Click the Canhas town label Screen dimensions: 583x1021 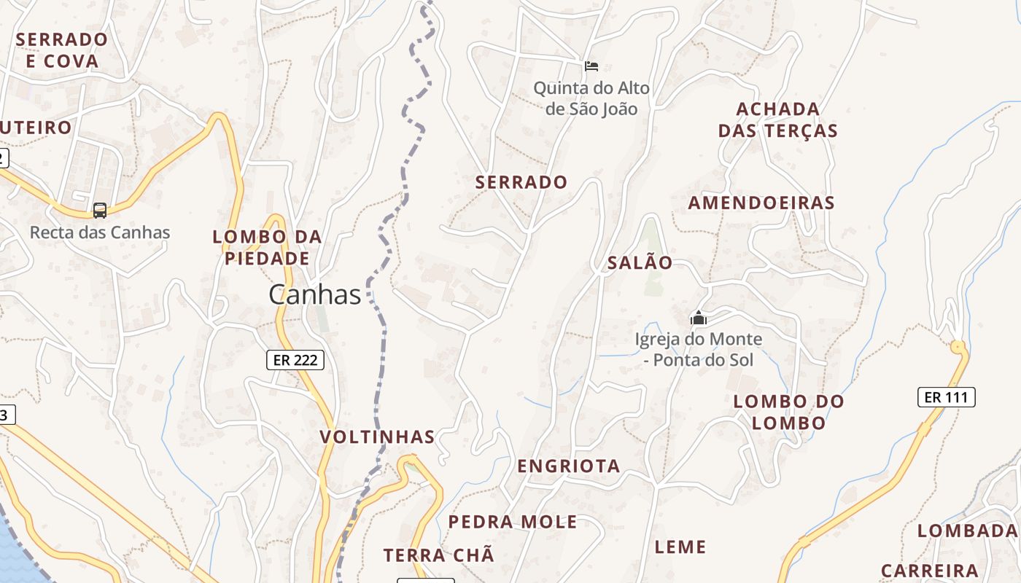tap(314, 294)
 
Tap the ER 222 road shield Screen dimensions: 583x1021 tap(295, 359)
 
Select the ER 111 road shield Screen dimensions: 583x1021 tap(946, 397)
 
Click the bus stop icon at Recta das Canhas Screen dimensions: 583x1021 tap(100, 211)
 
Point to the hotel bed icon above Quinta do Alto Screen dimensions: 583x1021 tap(591, 66)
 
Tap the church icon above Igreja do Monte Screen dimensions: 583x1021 tap(698, 318)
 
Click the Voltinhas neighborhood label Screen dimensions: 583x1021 tap(377, 437)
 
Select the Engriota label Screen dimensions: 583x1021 tap(569, 466)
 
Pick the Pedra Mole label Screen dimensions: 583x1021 tap(513, 522)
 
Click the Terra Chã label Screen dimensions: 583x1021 tap(439, 555)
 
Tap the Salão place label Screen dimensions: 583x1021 tap(640, 263)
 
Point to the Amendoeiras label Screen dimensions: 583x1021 tap(761, 203)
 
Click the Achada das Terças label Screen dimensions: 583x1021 tap(778, 120)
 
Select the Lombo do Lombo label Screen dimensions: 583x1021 tap(788, 412)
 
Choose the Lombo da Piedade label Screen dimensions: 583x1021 tap(267, 248)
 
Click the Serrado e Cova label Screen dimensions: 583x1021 tap(62, 50)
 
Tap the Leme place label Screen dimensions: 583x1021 tap(680, 547)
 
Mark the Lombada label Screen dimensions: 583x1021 tap(967, 531)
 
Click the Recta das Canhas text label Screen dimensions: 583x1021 tap(100, 233)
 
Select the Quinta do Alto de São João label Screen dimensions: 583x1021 tap(591, 99)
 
